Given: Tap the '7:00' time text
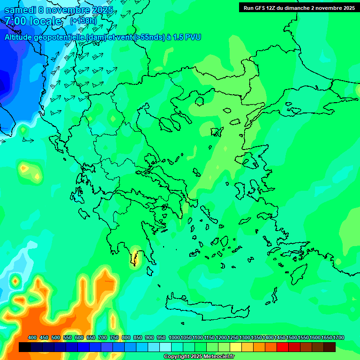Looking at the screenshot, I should tap(16, 21).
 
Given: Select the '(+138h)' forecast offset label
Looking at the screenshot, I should tap(83, 21).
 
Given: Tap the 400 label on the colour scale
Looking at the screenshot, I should tap(32, 338).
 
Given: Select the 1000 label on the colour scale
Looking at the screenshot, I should tap(174, 338).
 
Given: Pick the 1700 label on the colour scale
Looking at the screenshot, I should tap(338, 338).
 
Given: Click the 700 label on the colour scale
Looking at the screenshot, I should tap(103, 338).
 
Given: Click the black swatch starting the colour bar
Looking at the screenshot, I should tap(25, 347).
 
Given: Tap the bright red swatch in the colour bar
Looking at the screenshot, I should tap(283, 347).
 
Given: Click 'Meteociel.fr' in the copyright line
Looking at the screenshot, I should tap(216, 357).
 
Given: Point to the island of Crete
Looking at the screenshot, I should tap(206, 307).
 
